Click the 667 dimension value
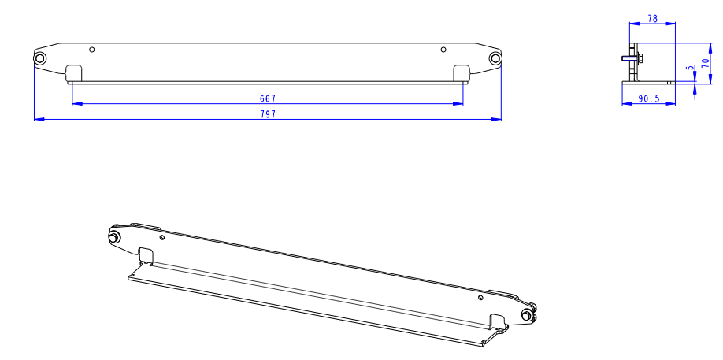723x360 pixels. pos(268,98)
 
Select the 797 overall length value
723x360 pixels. pos(268,114)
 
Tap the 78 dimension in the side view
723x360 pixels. pos(652,19)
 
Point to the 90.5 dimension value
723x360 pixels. pos(649,98)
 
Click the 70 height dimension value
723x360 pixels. pos(706,63)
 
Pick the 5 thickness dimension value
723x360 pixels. pos(690,69)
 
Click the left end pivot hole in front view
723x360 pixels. pos(39,58)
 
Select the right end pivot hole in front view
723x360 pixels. pos(495,58)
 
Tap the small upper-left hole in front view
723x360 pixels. pos(92,50)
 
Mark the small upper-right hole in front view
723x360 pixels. pos(443,50)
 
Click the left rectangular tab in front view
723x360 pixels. pos(74,73)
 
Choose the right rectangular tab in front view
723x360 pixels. pos(462,73)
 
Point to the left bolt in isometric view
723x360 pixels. pos(113,237)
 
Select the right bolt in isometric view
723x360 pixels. pos(526,315)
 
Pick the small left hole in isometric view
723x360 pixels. pos(161,238)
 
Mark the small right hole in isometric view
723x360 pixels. pos(480,299)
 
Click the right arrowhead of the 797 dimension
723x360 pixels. pos(496,120)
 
